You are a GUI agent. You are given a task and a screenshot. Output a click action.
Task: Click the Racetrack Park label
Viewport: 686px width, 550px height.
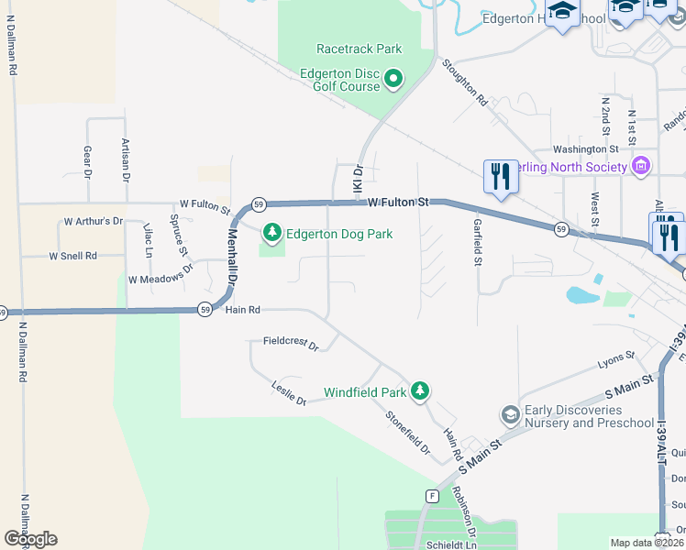pos(359,49)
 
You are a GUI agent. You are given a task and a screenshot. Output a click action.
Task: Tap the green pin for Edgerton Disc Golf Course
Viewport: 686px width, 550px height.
pos(393,79)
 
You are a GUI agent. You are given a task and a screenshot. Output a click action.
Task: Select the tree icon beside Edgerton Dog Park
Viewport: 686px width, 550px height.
pos(271,234)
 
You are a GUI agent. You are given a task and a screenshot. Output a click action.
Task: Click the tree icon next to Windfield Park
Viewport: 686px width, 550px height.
pos(420,392)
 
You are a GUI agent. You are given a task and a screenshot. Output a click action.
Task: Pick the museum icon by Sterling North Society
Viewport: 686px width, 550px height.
pos(641,166)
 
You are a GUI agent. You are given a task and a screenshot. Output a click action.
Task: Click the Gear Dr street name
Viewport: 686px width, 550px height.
pos(88,160)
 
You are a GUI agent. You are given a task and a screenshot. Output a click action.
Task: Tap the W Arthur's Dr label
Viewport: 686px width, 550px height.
pos(92,222)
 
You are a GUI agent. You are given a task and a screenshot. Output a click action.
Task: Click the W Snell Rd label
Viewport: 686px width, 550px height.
pos(72,256)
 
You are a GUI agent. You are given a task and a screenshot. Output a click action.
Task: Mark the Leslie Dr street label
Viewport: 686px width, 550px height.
pos(288,392)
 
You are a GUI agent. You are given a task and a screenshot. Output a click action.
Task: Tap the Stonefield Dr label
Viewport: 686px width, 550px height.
pos(408,433)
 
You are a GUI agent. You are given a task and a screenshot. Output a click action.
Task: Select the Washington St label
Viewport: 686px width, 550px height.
pos(585,149)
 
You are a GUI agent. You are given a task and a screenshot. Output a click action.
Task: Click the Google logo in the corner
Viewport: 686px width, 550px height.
pos(30,539)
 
